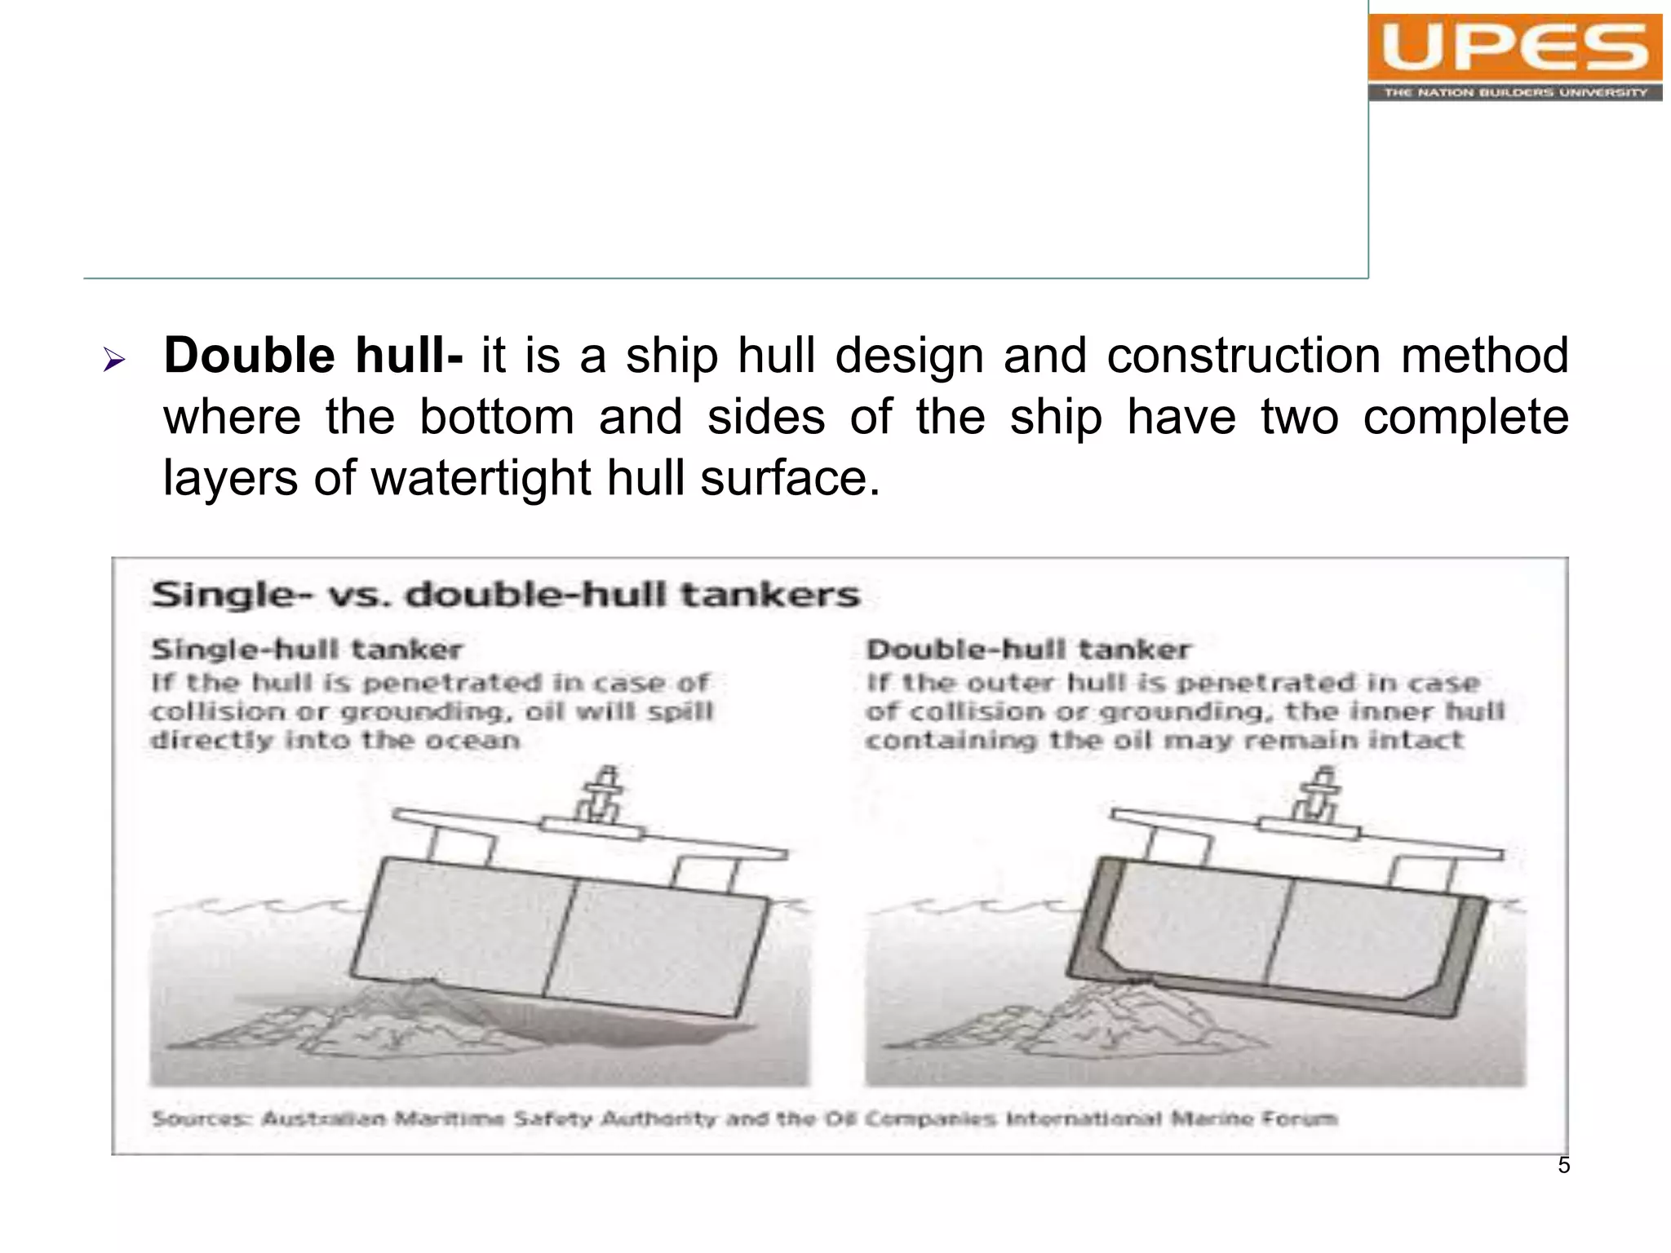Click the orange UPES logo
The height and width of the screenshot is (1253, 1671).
pyautogui.click(x=1514, y=47)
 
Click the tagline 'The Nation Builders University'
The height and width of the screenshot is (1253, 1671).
pyautogui.click(x=1515, y=92)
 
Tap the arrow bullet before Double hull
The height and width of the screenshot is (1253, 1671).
pyautogui.click(x=113, y=359)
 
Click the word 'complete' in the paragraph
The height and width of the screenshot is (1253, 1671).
pyautogui.click(x=1465, y=417)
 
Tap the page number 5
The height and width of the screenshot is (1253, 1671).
pyautogui.click(x=1563, y=1165)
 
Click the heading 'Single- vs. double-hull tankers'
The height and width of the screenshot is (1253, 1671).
pyautogui.click(x=506, y=595)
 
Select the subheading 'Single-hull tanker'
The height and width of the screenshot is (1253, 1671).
pyautogui.click(x=307, y=649)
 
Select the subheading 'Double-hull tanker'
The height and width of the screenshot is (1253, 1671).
pyautogui.click(x=1028, y=649)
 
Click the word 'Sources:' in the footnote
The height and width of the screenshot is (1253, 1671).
pyautogui.click(x=202, y=1118)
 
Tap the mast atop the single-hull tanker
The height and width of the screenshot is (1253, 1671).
pyautogui.click(x=602, y=793)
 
